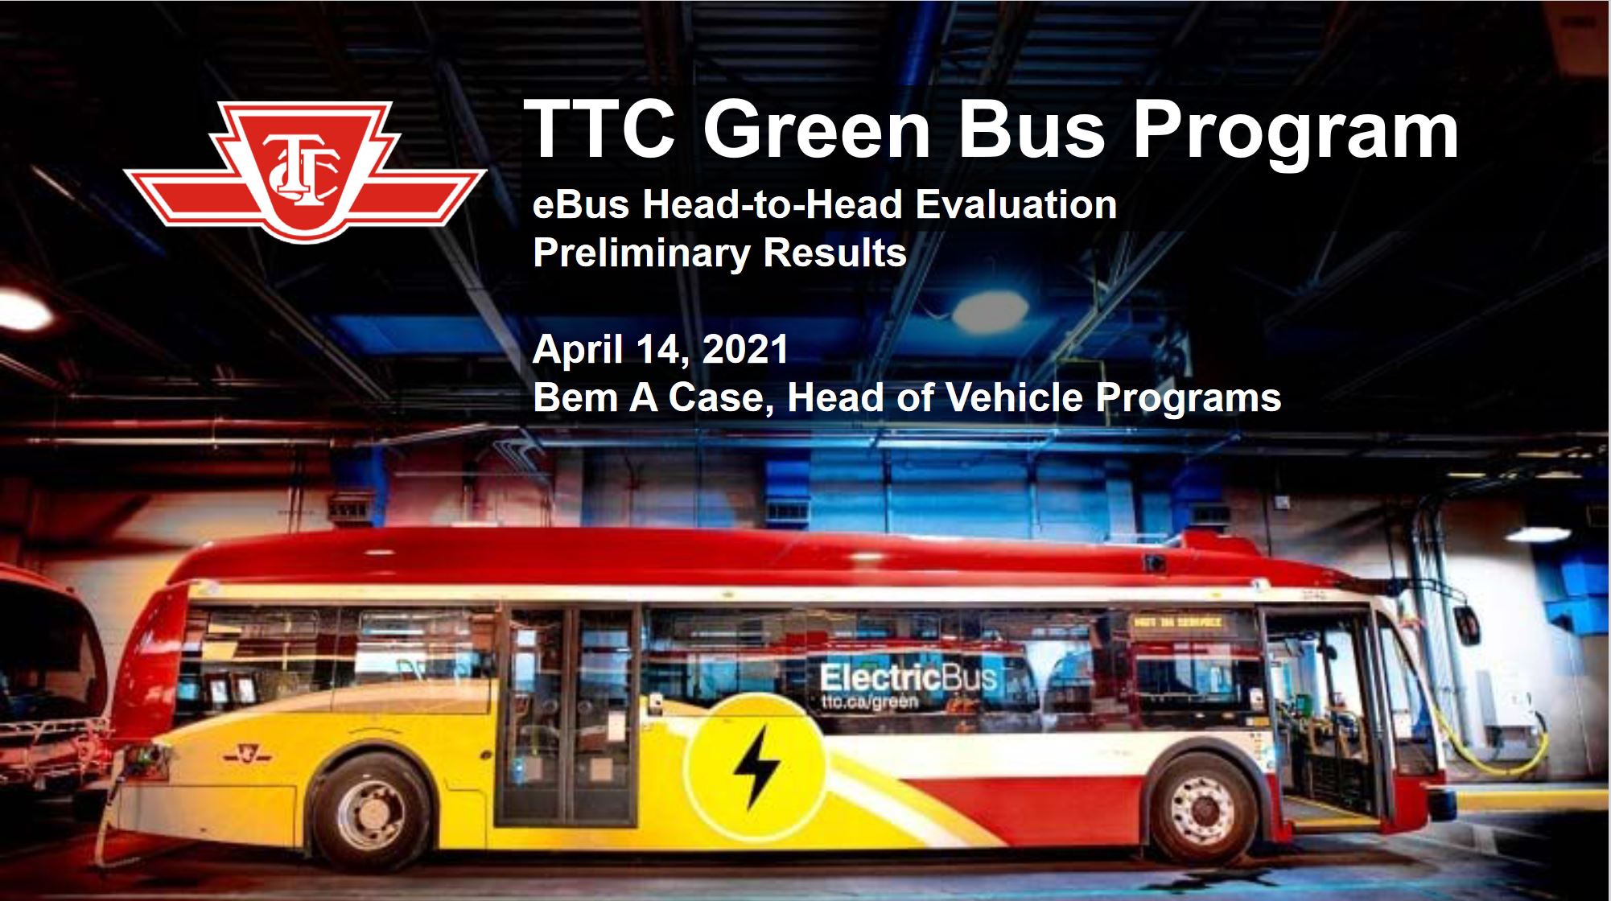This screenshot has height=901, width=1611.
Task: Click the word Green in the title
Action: (817, 130)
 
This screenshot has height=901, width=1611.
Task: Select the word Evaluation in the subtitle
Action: (1016, 204)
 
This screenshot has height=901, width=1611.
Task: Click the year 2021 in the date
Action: (744, 349)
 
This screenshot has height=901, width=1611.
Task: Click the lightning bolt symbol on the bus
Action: (756, 764)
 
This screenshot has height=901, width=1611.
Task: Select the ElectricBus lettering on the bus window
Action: (908, 677)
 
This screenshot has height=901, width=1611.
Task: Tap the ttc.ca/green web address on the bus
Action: (869, 702)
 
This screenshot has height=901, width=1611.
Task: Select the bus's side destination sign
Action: (1178, 622)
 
